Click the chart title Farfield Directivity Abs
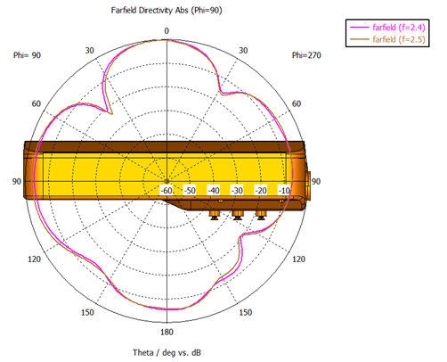150,11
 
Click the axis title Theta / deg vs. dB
167,353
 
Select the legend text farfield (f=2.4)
399,28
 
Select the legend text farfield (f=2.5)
399,39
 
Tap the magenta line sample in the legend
359,28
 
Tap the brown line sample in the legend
359,39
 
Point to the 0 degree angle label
167,31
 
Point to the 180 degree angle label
167,332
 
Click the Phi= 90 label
27,55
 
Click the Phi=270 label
306,55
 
